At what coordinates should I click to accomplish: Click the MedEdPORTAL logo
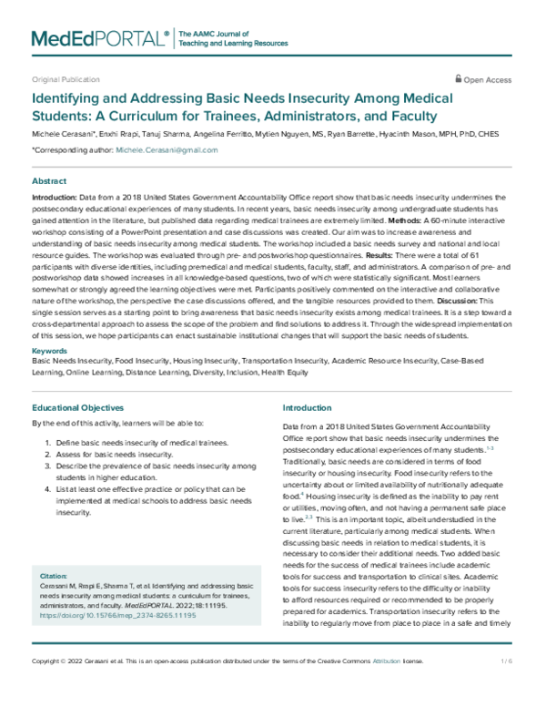101,37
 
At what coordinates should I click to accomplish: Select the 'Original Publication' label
66,80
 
